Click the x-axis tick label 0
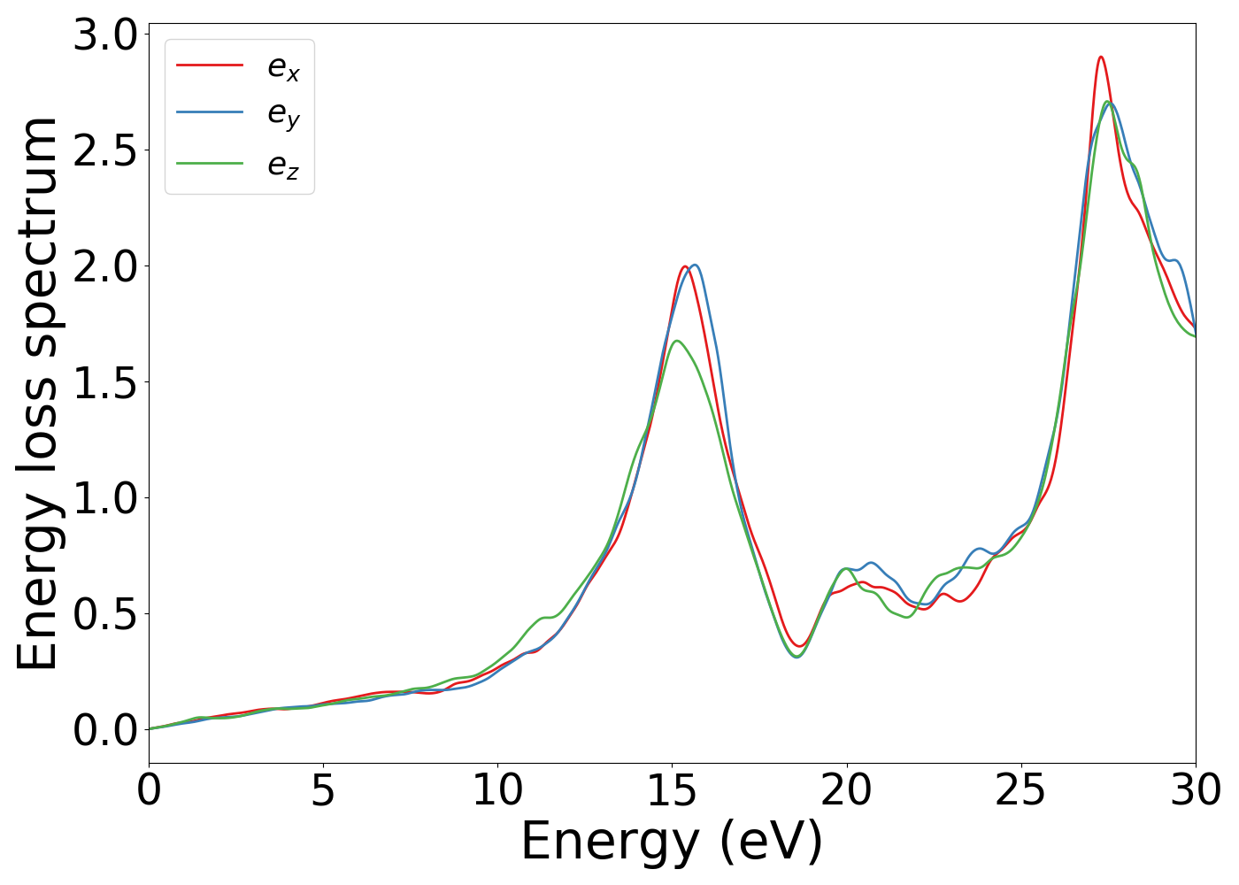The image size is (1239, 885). [x=149, y=790]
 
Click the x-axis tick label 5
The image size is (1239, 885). [x=323, y=790]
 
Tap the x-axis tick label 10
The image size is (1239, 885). [x=497, y=790]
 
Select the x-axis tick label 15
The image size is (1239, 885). [x=672, y=790]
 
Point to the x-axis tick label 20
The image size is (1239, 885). [x=847, y=790]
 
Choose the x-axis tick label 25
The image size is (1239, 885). [x=1021, y=790]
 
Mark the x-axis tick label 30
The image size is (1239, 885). [x=1196, y=790]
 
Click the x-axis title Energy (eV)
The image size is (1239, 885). [x=672, y=842]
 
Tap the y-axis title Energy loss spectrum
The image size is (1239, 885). [x=38, y=393]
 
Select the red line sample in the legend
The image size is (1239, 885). [x=210, y=65]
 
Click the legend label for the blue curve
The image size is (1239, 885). [x=284, y=114]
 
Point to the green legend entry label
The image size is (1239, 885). [x=284, y=165]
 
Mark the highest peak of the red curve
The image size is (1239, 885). [x=1100, y=57]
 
